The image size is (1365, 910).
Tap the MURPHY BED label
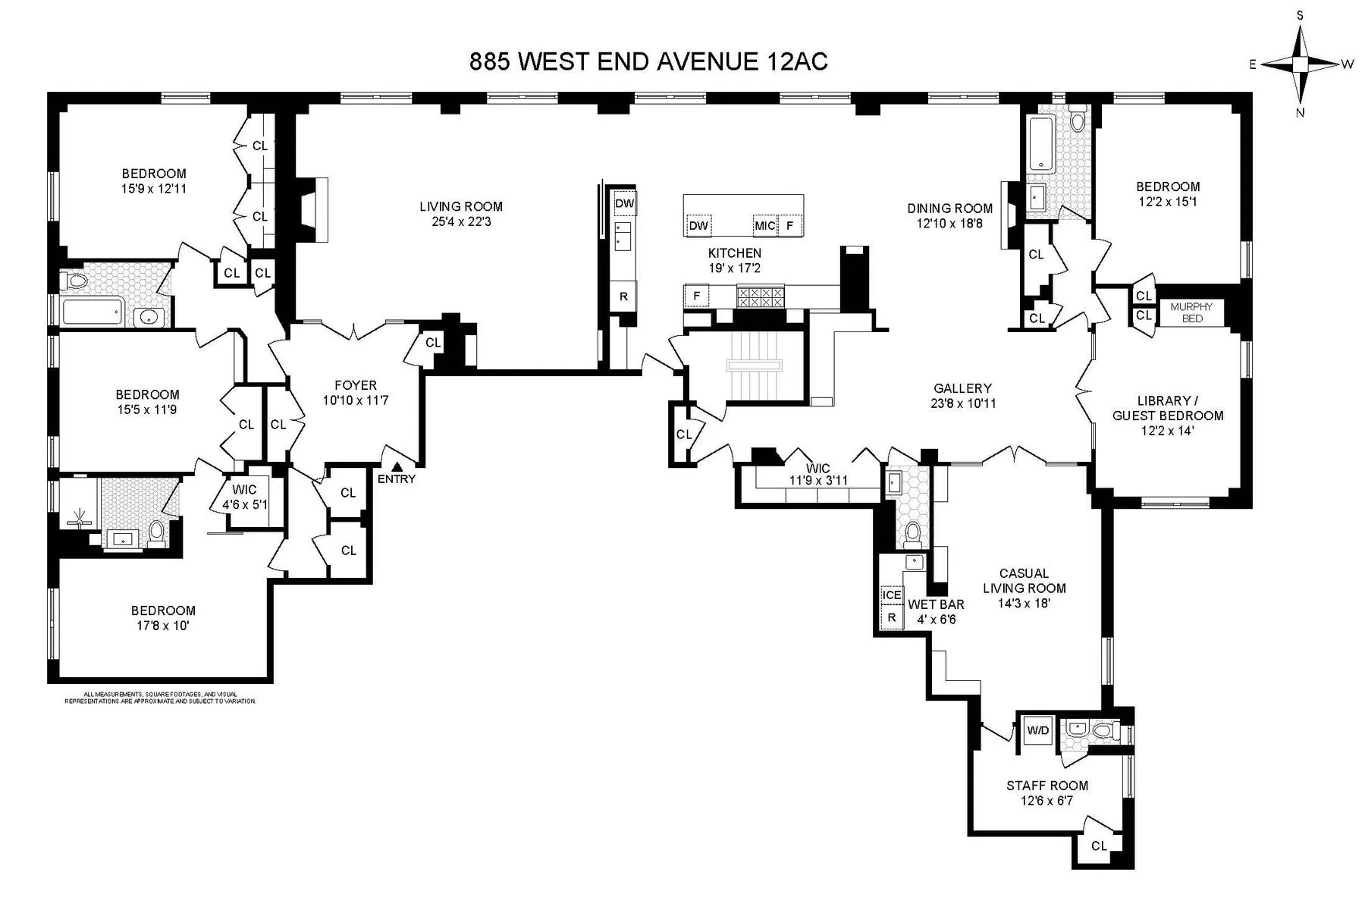coord(1191,312)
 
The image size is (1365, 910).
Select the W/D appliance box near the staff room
coord(1038,730)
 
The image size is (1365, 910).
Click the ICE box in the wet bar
coord(892,595)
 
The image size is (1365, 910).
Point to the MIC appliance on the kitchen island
coord(764,226)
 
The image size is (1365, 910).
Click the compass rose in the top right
coord(1301,64)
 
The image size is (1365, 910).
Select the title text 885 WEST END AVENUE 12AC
coord(648,61)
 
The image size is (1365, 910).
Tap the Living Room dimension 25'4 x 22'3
coord(461,221)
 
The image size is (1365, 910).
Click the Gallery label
coord(962,388)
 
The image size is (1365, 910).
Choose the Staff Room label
coord(1047,786)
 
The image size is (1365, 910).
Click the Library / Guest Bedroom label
coord(1168,408)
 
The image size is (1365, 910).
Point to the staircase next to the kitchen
coord(754,366)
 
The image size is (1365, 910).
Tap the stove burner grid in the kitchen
coord(761,297)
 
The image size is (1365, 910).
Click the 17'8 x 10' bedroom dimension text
coord(163,626)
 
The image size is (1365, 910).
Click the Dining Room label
coord(949,208)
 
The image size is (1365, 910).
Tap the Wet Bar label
coord(936,604)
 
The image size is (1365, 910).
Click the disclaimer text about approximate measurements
coord(160,698)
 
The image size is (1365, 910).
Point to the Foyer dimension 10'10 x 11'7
coord(355,400)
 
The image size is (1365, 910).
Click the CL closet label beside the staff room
coord(1099,846)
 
